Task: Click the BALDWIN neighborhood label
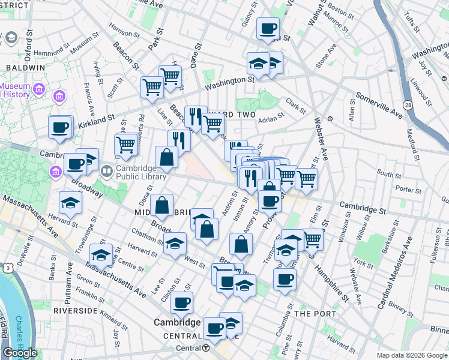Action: [25, 68]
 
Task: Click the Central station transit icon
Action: [206, 348]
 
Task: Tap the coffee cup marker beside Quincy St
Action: [268, 28]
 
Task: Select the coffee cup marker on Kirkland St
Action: [61, 127]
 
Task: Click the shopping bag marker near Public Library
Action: [166, 158]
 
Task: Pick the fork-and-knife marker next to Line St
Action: [179, 140]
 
